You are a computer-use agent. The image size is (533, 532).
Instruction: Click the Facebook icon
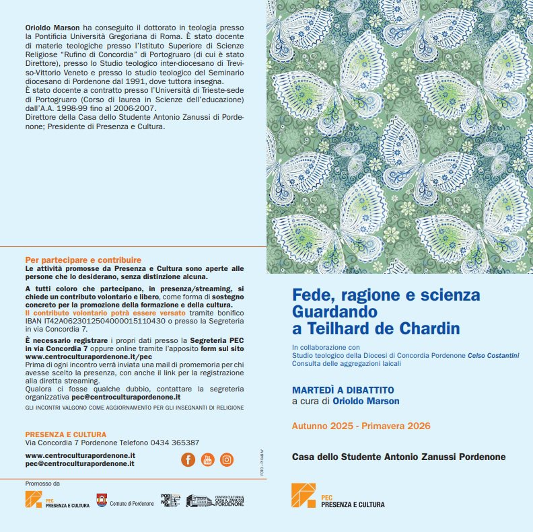coord(188,459)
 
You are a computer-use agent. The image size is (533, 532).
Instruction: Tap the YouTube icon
coord(207,459)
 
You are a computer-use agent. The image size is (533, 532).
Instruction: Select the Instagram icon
coord(227,459)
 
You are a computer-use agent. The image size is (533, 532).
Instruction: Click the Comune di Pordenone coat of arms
coord(102,500)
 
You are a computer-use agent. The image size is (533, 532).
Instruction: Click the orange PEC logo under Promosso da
coord(34,500)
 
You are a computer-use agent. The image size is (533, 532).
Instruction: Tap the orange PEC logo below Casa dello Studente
coord(303,496)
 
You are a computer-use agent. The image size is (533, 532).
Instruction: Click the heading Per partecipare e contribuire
coord(83,260)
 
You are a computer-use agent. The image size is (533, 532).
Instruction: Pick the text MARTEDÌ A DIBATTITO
coord(343,390)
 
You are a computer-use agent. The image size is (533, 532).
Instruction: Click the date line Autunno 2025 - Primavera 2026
coord(361,426)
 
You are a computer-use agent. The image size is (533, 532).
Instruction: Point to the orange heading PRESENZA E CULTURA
coord(65,434)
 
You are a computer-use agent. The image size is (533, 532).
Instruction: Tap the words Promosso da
coord(42,484)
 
